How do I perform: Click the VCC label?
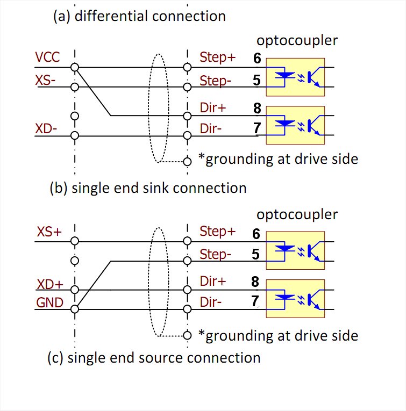coord(47,57)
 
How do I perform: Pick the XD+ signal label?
coord(49,284)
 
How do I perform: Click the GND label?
coord(49,302)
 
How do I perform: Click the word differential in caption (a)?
coord(111,16)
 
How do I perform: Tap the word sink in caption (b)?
coord(158,188)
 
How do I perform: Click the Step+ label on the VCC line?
coord(217,57)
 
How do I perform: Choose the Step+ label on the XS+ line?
coord(217,232)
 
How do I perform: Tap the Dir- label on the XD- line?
coord(210,129)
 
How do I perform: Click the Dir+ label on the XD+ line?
coord(212,281)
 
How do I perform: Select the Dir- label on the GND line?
coord(210,302)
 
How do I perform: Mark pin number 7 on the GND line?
coord(255,301)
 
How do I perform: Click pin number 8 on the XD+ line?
coord(255,281)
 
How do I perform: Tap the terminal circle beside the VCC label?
coord(75,67)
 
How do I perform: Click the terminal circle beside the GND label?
coord(75,309)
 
